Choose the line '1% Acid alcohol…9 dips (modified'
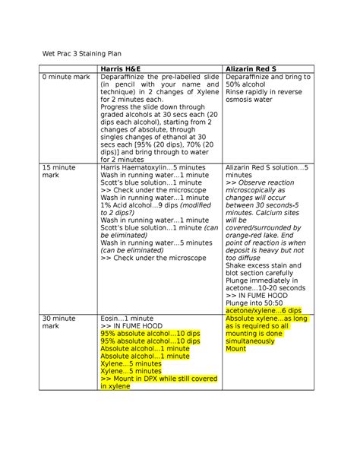[x=156, y=204]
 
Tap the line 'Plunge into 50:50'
[x=255, y=303]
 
